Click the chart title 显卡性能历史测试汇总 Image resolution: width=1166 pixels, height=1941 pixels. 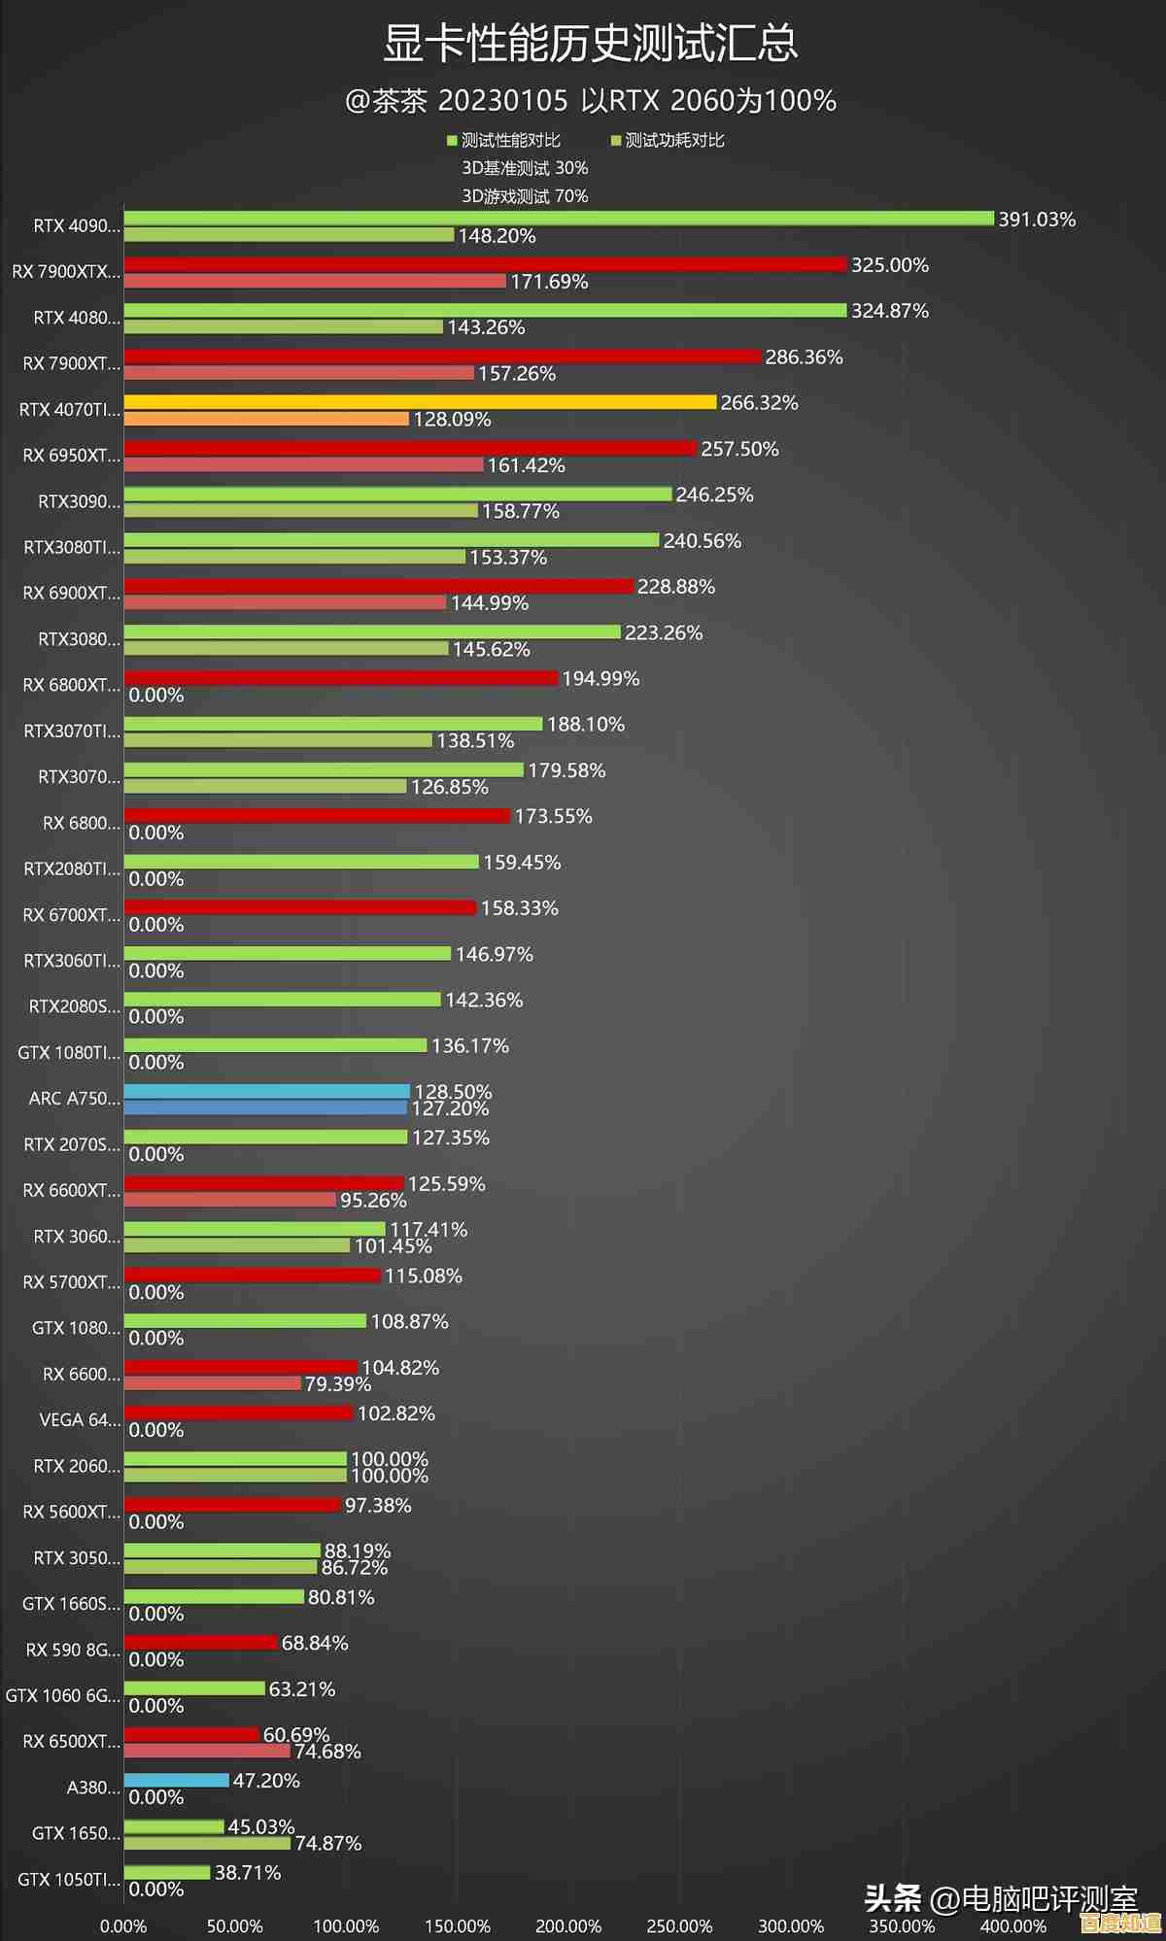click(x=590, y=44)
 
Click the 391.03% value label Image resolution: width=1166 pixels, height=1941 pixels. click(x=1037, y=220)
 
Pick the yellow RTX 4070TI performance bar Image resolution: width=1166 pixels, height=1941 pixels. click(x=420, y=402)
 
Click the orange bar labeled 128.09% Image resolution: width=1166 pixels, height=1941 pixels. click(x=266, y=419)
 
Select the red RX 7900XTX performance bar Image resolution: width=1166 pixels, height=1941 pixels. click(x=486, y=264)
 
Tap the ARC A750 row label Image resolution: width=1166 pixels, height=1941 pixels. click(x=75, y=1099)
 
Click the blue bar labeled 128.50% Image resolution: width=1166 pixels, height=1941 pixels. click(x=267, y=1091)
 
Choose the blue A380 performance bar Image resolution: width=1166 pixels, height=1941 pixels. click(x=177, y=1780)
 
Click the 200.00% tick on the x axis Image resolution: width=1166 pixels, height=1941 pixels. click(x=568, y=1926)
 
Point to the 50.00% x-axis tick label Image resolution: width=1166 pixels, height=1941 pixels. click(x=235, y=1926)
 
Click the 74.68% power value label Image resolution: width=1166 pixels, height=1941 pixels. click(x=327, y=1752)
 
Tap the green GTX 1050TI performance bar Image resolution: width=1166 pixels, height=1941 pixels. click(x=167, y=1872)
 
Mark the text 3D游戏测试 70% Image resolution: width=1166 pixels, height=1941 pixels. click(x=525, y=196)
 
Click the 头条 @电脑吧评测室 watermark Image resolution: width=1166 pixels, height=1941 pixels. click(x=1001, y=1899)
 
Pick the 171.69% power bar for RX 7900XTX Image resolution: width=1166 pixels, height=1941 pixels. click(x=316, y=281)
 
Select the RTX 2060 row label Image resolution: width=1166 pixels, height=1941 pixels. click(x=77, y=1466)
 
